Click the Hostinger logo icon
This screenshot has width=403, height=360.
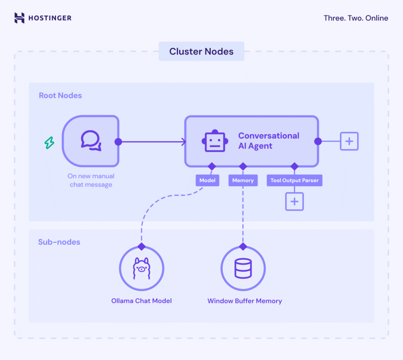coord(19,18)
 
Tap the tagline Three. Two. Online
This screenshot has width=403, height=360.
coord(356,18)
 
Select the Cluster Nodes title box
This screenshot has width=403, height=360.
coord(201,52)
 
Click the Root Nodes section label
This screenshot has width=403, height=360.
coord(60,95)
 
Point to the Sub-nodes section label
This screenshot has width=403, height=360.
coord(59,242)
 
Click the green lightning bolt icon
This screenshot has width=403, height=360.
coord(49,143)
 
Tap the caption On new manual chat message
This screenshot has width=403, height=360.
coord(91,180)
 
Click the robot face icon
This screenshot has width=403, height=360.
coord(215,141)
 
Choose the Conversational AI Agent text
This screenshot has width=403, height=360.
coord(269,141)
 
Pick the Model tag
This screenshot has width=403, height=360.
coord(207,181)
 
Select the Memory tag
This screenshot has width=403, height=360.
coord(243,181)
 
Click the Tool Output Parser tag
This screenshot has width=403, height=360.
coord(294,181)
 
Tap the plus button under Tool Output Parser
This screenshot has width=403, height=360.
coord(294,202)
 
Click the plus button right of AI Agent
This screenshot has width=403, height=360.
coord(349,141)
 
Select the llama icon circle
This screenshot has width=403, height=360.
coord(142,269)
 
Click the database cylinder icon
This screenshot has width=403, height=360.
coord(243,269)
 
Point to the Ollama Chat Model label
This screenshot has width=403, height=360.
coord(141,301)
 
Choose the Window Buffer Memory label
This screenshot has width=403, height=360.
coord(244,301)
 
